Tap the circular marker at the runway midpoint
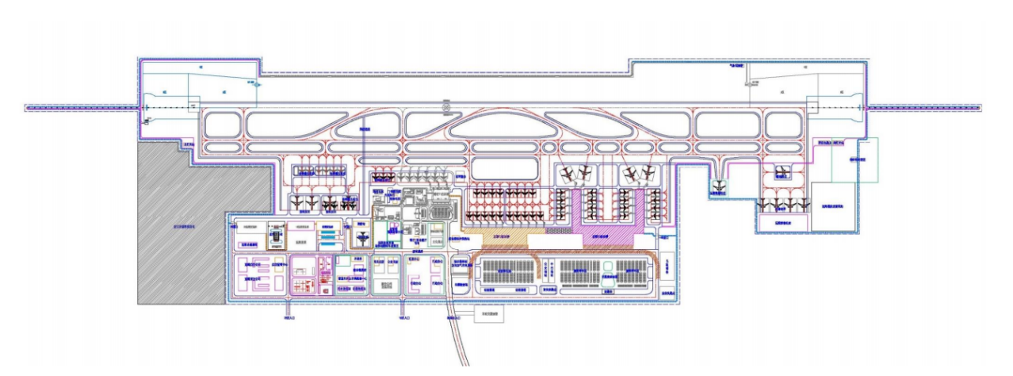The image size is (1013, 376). point(445,104)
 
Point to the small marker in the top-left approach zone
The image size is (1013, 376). point(256,82)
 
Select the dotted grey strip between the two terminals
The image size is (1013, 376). point(558,231)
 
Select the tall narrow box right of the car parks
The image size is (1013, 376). point(669,272)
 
